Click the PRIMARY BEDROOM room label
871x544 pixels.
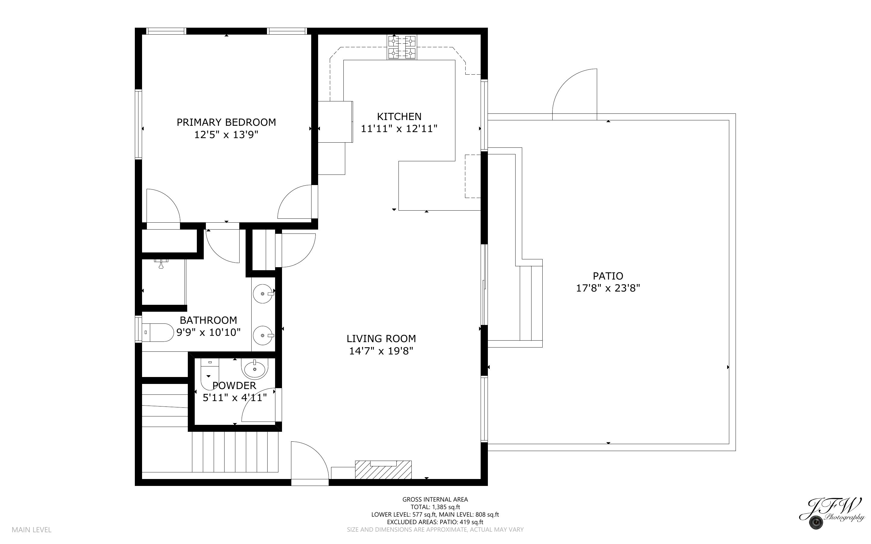coord(226,122)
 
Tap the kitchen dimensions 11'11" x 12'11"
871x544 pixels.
coord(399,129)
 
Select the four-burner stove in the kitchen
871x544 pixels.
coord(402,47)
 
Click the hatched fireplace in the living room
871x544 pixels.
coord(383,470)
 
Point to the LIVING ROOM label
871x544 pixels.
coord(381,338)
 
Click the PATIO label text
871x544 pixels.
coord(608,276)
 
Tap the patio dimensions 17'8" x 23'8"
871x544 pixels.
coord(608,288)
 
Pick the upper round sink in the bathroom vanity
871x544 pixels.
coord(263,294)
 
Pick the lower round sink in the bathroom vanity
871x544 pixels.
coord(263,335)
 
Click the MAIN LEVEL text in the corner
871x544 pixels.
coord(32,530)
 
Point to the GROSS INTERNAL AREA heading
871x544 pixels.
coord(435,499)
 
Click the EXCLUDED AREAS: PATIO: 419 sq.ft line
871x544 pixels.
coord(435,522)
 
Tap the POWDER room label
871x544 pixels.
coord(234,386)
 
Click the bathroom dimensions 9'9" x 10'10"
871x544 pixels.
coord(208,332)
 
